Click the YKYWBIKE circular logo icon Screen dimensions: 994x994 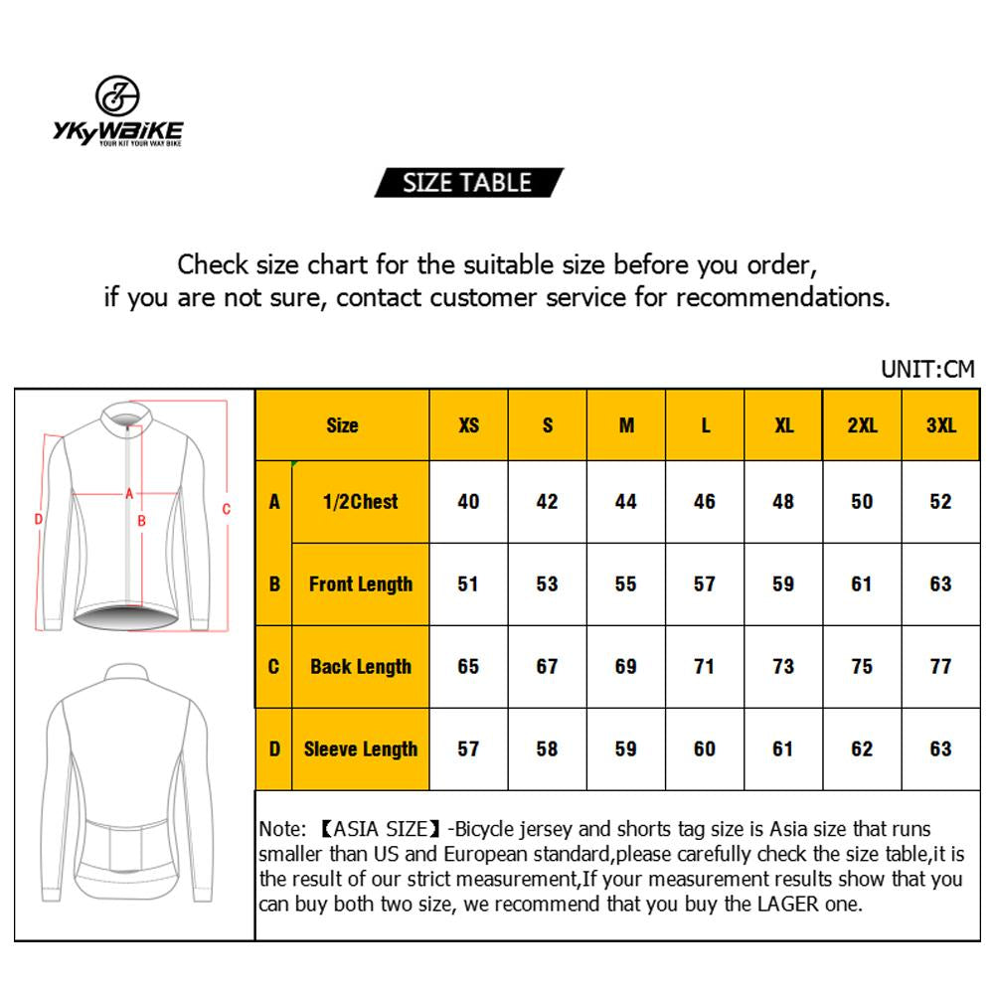click(x=117, y=96)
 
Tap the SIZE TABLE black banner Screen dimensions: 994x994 click(x=468, y=183)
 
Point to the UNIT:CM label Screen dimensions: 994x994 click(x=927, y=370)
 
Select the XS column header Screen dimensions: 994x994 click(x=468, y=425)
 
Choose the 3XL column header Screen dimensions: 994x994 click(x=940, y=425)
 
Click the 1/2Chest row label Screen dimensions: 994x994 click(x=360, y=502)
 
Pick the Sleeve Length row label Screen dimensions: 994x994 click(x=360, y=749)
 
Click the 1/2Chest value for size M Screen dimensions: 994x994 click(x=625, y=502)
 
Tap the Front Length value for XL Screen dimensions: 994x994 click(x=783, y=584)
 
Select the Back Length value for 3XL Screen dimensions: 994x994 click(x=940, y=667)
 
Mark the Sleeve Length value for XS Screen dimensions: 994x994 click(x=468, y=749)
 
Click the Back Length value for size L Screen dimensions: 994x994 click(x=705, y=667)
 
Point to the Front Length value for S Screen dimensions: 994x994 click(x=547, y=584)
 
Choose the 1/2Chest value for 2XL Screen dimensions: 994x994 click(x=862, y=502)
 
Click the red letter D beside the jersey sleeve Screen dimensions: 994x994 click(x=38, y=518)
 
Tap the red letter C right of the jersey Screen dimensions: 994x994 click(x=227, y=510)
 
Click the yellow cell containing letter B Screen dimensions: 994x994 click(x=274, y=584)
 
